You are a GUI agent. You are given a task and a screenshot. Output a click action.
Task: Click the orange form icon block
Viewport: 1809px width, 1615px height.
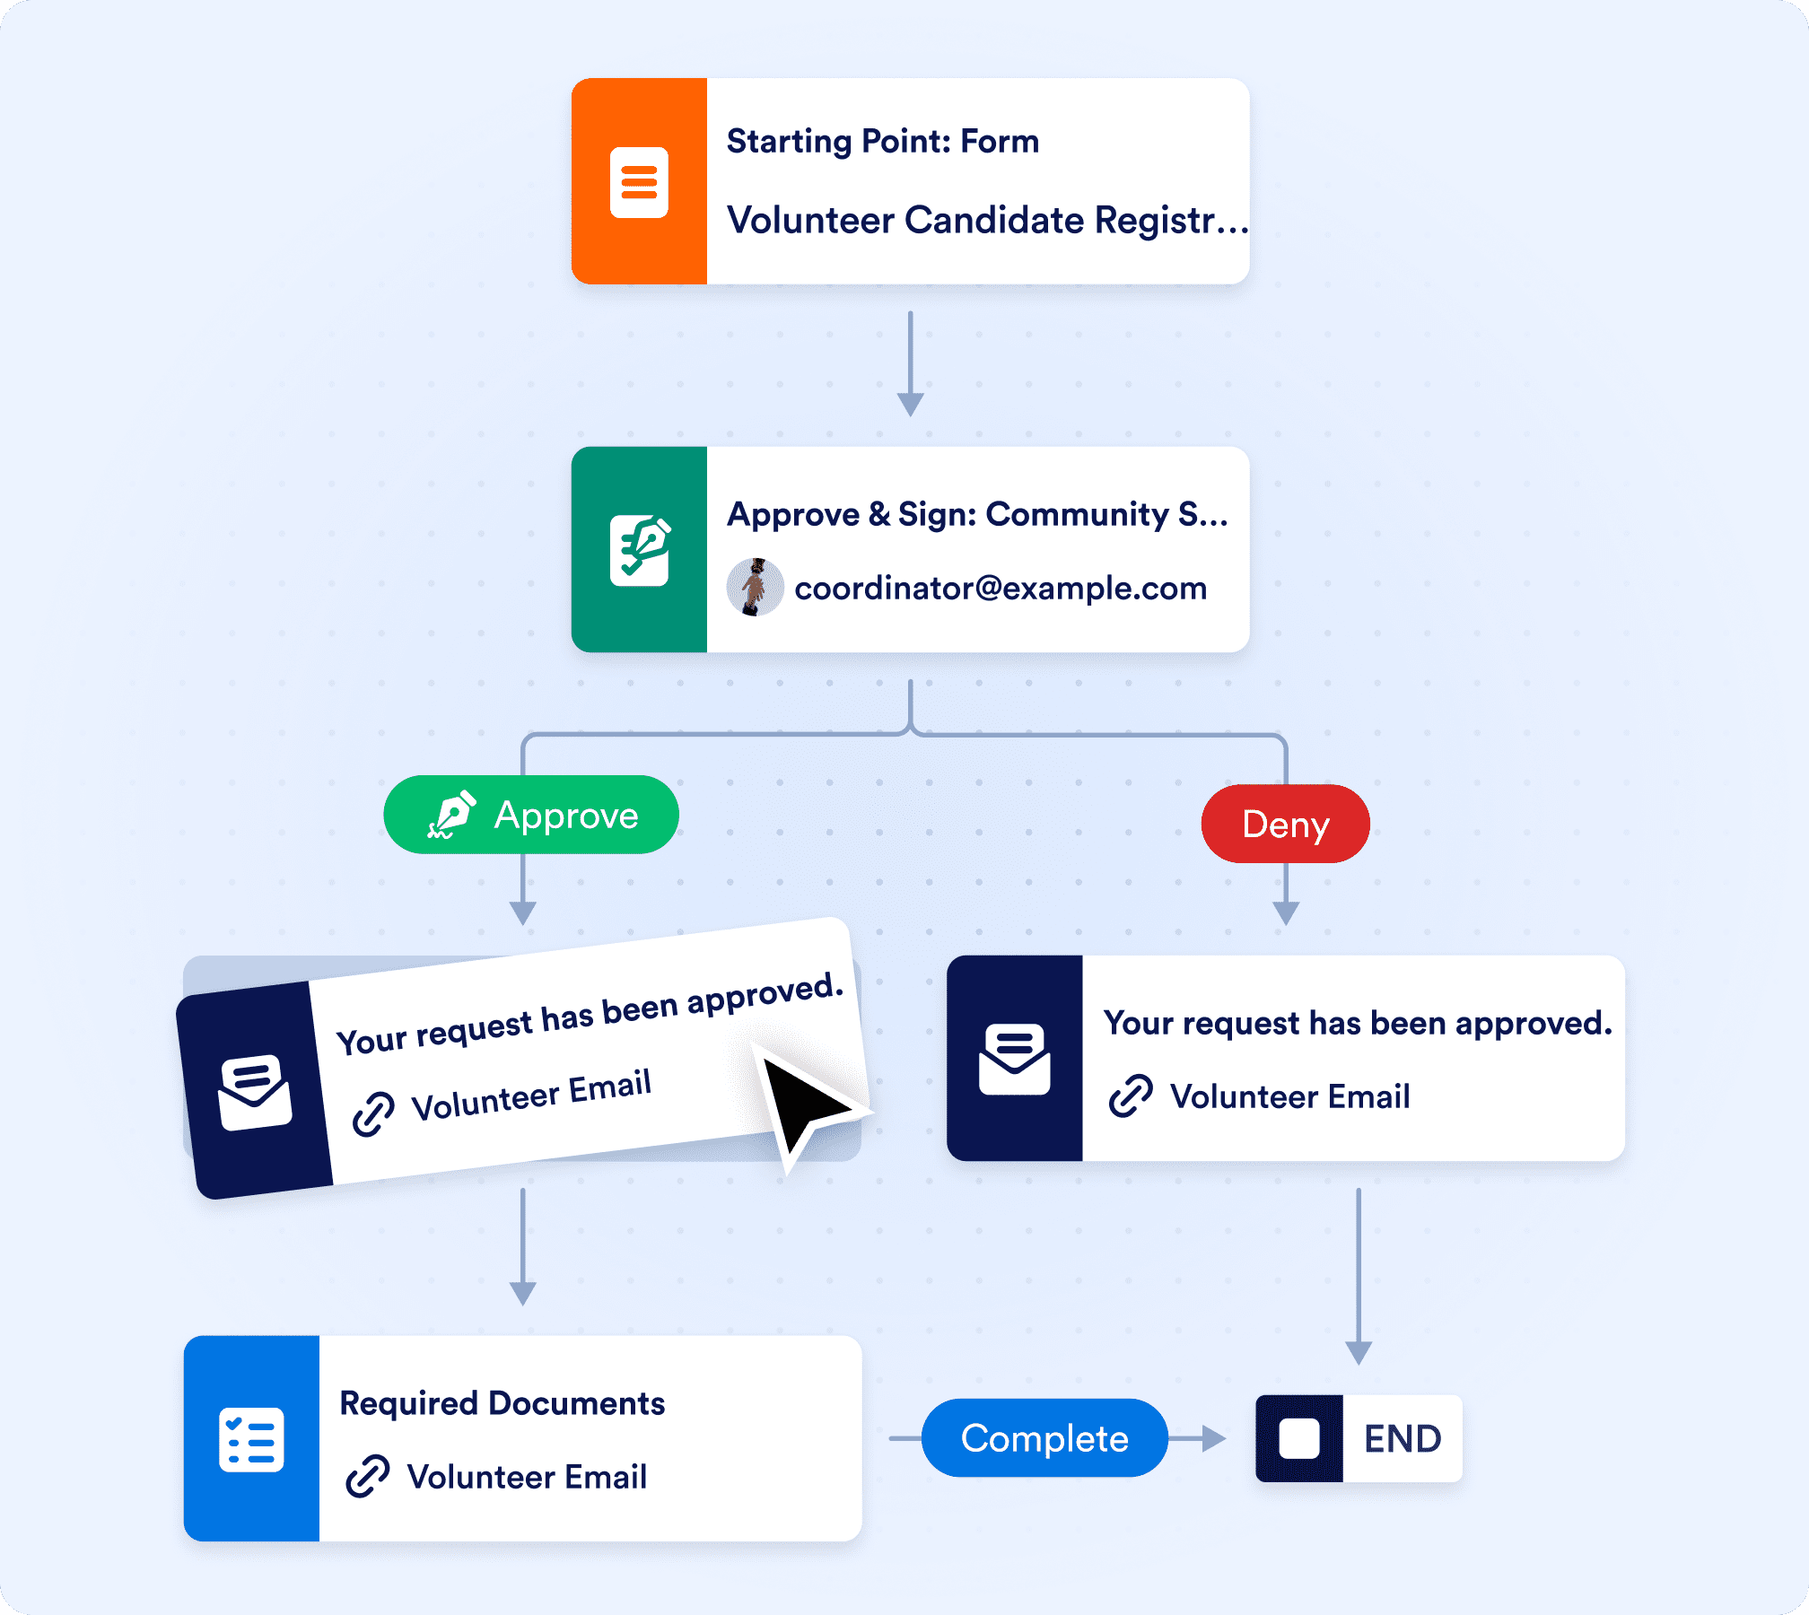point(639,182)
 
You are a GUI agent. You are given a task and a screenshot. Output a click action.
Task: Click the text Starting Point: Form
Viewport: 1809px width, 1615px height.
point(882,142)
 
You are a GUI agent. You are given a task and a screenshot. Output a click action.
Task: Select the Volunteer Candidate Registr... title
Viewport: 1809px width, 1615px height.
point(986,221)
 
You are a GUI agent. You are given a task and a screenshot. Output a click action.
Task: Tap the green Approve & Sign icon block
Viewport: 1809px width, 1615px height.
point(639,550)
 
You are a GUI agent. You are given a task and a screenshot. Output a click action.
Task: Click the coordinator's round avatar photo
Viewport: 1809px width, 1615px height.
point(755,588)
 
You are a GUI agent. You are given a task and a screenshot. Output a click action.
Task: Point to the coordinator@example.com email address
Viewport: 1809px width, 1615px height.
point(1001,589)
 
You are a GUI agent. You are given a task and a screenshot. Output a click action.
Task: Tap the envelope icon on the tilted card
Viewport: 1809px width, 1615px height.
point(255,1093)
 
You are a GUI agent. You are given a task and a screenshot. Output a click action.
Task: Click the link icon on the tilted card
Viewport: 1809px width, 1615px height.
point(373,1113)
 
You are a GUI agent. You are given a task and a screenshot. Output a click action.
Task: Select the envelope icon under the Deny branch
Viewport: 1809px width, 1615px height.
point(1014,1059)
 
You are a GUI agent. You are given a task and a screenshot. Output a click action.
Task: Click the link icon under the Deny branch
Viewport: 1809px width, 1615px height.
point(1131,1096)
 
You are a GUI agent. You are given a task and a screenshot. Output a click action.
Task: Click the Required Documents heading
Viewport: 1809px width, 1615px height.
point(502,1403)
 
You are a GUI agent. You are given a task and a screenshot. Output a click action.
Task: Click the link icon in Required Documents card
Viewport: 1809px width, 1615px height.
point(367,1476)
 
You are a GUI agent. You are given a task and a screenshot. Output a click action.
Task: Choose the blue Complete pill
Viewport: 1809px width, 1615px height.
point(1044,1438)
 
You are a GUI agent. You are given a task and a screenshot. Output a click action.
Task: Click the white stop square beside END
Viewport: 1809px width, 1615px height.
point(1298,1439)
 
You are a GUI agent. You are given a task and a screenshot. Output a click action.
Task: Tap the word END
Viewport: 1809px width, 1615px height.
point(1403,1439)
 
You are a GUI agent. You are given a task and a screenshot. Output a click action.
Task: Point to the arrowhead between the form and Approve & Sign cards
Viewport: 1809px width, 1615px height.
point(910,404)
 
